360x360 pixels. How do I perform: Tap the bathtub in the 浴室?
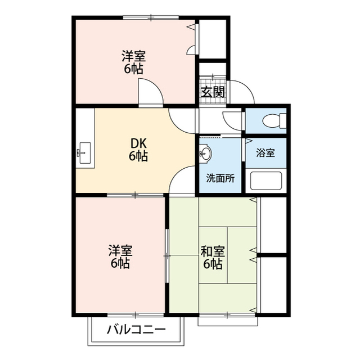coord(266,181)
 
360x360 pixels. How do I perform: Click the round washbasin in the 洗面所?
coord(205,153)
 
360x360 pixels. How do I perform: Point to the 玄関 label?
coord(213,92)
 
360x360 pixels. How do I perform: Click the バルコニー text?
coord(136,330)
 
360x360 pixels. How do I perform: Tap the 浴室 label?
coord(265,153)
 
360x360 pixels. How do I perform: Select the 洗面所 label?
coord(220,178)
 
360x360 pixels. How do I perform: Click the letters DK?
coord(138,144)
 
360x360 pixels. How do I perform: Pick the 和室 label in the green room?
coord(213,251)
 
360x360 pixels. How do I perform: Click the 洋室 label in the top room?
coord(134,56)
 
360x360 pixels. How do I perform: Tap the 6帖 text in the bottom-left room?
coord(120,263)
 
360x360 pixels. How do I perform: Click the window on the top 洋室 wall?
coord(151,17)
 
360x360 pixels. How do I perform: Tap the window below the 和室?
coord(228,319)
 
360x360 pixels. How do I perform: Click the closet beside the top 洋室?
coord(213,39)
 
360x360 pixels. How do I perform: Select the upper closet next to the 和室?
coord(274,225)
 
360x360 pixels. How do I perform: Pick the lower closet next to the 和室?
coord(274,285)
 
